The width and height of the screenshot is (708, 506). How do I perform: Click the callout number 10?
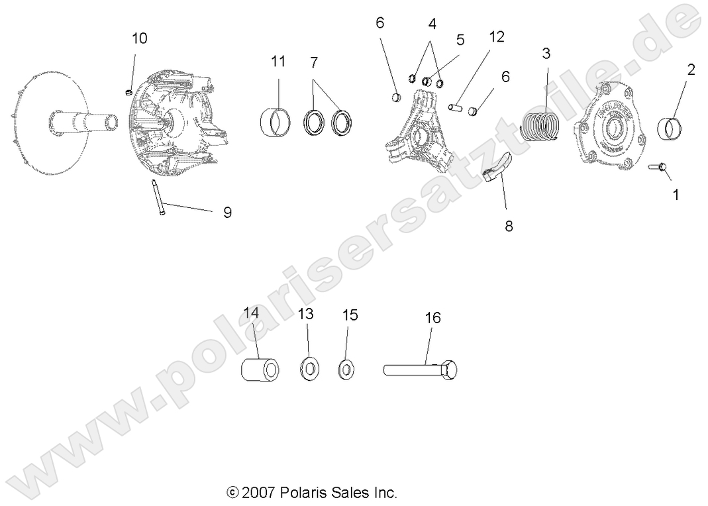[139, 38]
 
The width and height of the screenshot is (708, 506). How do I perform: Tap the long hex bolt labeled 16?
[421, 369]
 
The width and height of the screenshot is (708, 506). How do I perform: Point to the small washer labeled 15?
[346, 369]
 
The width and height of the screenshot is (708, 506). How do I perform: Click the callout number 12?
[496, 37]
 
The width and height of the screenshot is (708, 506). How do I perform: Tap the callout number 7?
[314, 63]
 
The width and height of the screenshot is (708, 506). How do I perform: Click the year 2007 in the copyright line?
[260, 493]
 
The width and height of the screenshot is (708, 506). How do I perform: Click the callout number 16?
[432, 317]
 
